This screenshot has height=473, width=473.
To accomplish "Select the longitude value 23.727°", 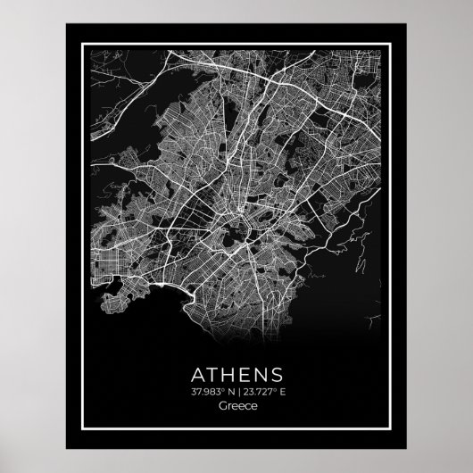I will click(x=260, y=389).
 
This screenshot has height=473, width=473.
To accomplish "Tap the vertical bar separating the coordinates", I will click(x=236, y=389).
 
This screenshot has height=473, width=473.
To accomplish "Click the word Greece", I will click(x=236, y=405).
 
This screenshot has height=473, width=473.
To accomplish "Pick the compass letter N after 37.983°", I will click(x=228, y=389).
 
